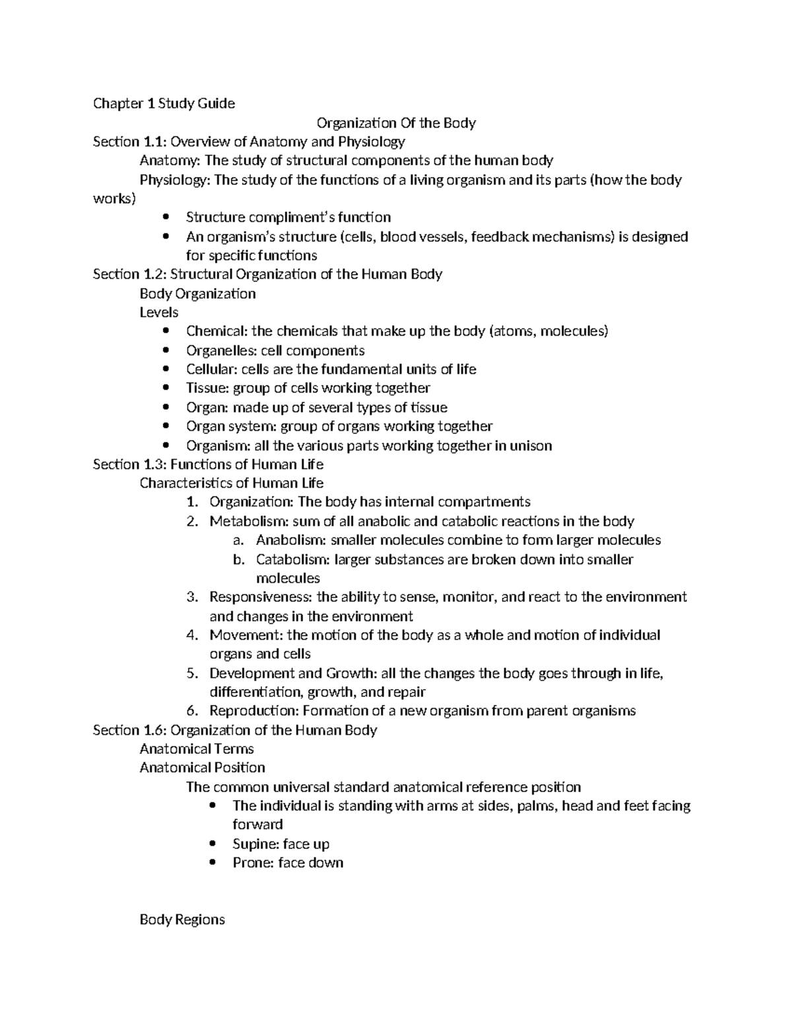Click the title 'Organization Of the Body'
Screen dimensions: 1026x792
point(396,123)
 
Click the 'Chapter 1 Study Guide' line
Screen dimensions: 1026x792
point(164,103)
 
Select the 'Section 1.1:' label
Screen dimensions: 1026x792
point(129,141)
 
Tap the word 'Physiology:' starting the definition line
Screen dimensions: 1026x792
point(175,180)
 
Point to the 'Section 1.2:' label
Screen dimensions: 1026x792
point(129,274)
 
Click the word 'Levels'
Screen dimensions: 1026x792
point(159,312)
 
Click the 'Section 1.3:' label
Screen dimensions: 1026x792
point(129,464)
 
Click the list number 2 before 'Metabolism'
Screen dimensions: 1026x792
point(192,521)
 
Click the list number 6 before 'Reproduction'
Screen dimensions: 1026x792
point(192,711)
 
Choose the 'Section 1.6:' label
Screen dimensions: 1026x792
point(129,730)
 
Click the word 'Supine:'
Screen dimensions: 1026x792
point(255,844)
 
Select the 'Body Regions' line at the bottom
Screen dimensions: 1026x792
point(182,920)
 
